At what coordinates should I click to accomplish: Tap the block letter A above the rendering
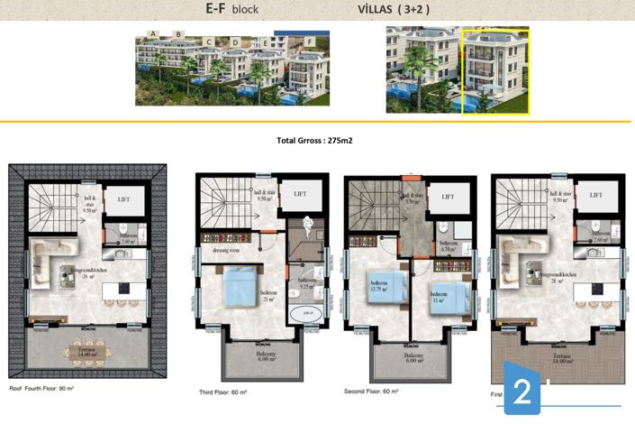coord(155,34)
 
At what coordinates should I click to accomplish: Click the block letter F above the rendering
coord(309,41)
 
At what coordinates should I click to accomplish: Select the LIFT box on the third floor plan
coord(299,194)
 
